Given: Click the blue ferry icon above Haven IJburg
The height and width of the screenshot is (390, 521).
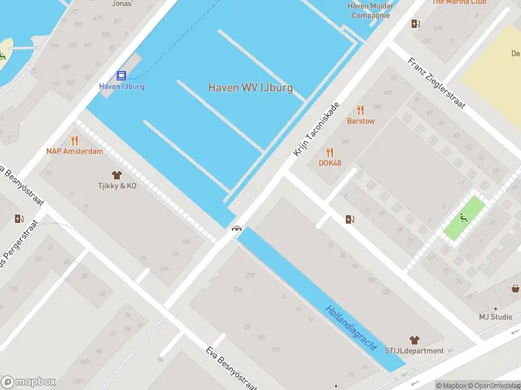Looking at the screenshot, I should click(x=121, y=75).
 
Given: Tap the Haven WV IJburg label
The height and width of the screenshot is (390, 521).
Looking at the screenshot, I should click(x=250, y=88).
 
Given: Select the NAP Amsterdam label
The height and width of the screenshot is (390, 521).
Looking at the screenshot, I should click(x=74, y=151).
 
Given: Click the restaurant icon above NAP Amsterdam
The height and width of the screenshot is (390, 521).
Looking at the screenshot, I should click(x=74, y=140).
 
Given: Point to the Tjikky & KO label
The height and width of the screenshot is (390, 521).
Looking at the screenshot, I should click(x=117, y=186).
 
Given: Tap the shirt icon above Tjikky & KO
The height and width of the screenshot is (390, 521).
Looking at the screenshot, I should click(x=117, y=175).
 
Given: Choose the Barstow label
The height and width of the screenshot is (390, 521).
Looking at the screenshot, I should click(x=361, y=122).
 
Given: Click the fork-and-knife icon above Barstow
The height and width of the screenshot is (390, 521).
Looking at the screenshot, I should click(x=361, y=110).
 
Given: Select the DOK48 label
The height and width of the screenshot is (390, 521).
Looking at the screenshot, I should click(x=330, y=163).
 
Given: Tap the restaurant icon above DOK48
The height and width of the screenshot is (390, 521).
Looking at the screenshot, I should click(x=330, y=152).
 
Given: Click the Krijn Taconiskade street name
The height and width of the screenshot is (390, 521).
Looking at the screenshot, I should click(x=317, y=129).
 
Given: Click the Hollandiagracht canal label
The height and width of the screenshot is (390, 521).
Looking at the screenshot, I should click(x=352, y=329).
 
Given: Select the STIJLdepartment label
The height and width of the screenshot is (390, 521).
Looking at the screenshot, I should click(x=414, y=351).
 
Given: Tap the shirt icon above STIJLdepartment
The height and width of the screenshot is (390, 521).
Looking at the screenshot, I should click(x=414, y=340).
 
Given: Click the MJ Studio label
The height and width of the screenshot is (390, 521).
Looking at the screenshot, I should click(x=496, y=317).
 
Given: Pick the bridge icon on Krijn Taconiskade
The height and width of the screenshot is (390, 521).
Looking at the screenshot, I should click(x=236, y=228).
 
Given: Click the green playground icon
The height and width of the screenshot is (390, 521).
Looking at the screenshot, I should click(x=464, y=217).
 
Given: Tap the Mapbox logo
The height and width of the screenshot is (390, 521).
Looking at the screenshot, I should click(x=29, y=382).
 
